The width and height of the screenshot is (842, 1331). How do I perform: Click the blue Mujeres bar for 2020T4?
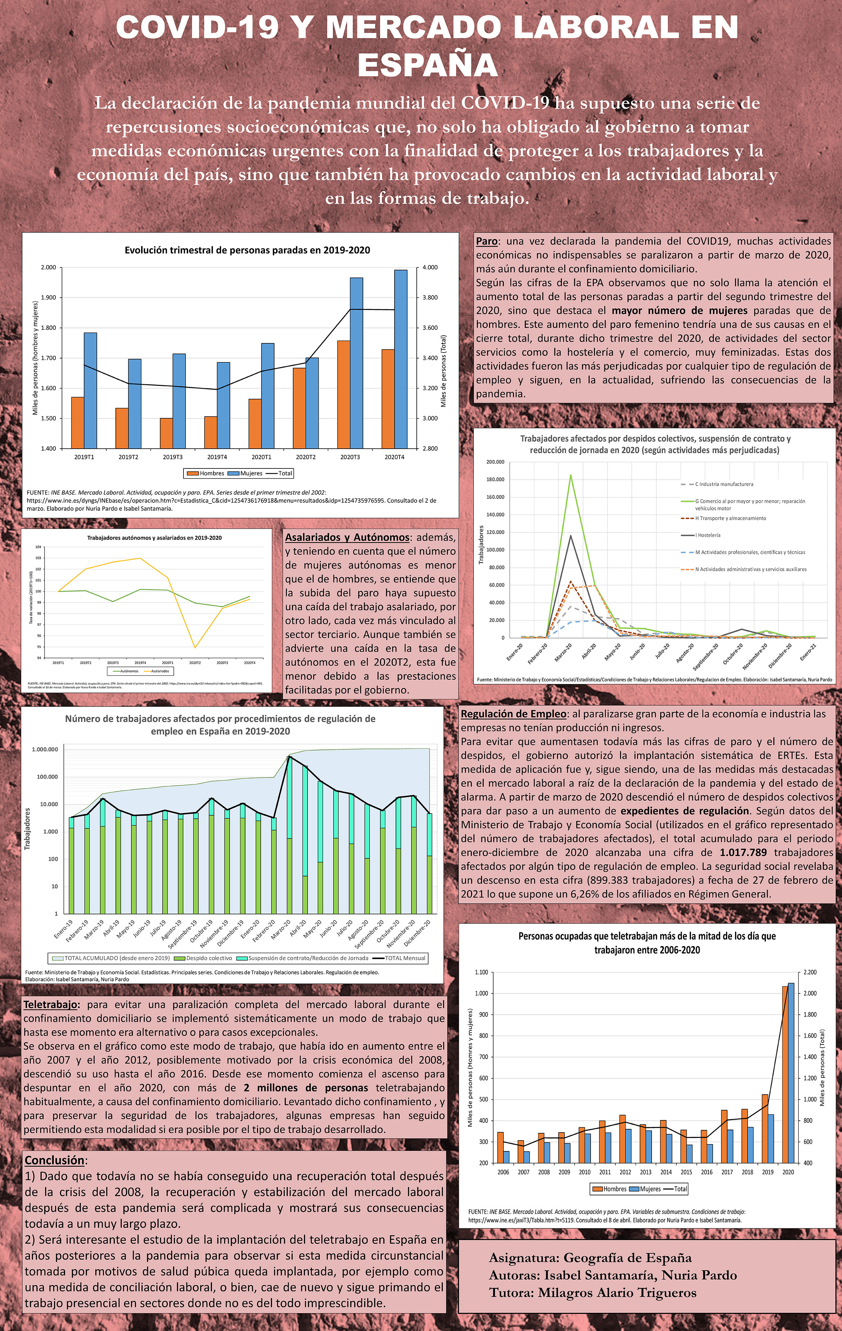click(401, 359)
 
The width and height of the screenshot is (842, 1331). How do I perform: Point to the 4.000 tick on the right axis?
click(430, 267)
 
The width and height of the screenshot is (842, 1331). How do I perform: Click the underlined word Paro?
click(487, 241)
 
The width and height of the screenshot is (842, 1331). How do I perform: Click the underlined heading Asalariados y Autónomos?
click(347, 537)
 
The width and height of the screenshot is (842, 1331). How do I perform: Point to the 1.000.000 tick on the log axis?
click(45, 750)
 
